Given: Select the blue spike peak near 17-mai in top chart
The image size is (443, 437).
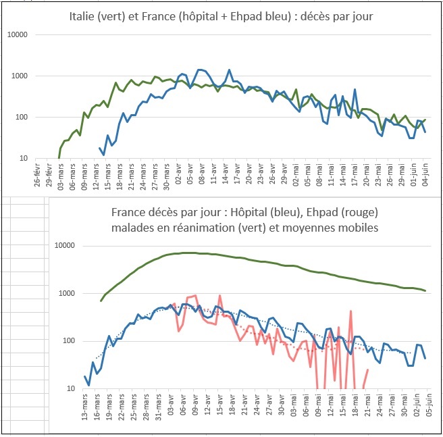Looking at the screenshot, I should click(x=355, y=88).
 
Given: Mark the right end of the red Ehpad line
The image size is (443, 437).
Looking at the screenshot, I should click(x=368, y=369).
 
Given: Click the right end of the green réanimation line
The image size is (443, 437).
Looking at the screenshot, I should click(x=425, y=290).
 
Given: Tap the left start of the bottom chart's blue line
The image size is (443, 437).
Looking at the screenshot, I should click(x=85, y=376).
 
